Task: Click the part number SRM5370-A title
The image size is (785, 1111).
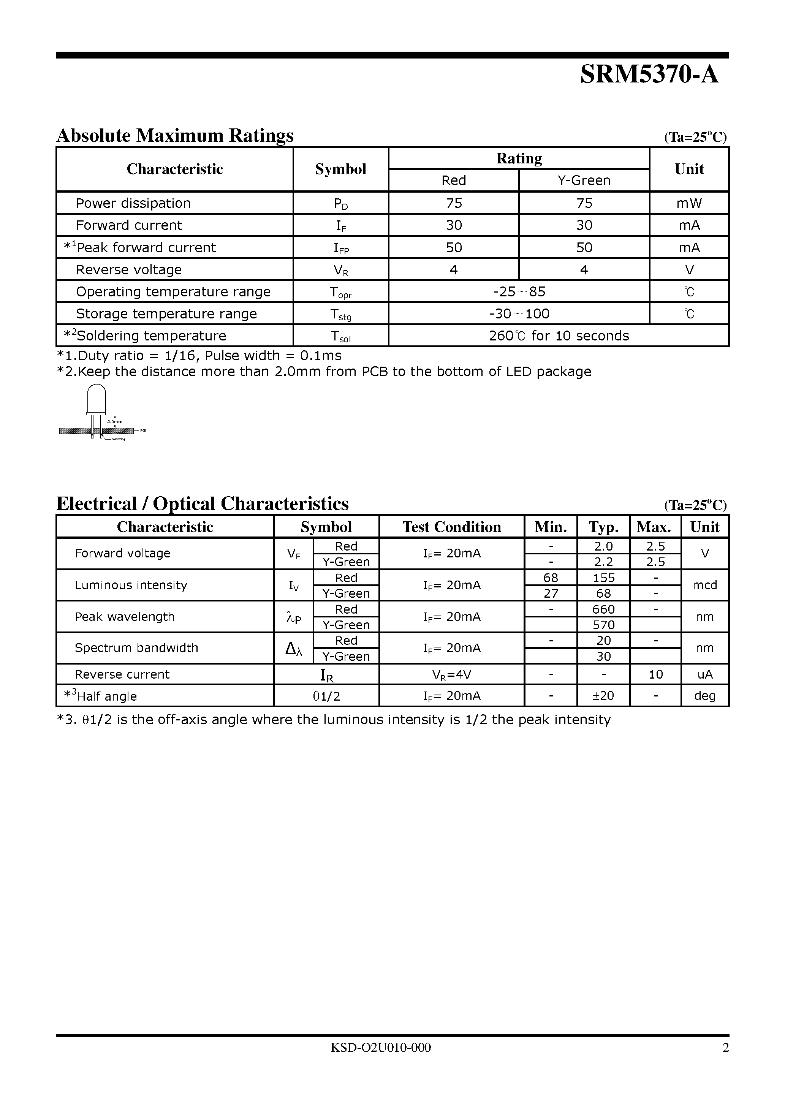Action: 649,75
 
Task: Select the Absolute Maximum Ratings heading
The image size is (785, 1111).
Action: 175,136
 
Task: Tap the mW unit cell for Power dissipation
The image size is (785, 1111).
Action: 689,203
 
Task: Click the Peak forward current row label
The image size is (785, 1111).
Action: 145,248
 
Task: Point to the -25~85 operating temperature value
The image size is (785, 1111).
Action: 519,292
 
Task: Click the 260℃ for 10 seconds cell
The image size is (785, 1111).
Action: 559,336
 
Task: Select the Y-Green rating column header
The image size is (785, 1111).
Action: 584,180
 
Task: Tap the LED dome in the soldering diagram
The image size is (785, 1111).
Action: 96,398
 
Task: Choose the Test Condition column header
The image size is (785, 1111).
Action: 451,527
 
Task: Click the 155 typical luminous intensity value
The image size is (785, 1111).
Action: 603,578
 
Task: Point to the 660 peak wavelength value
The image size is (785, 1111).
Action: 603,609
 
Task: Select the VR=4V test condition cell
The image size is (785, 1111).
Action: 451,674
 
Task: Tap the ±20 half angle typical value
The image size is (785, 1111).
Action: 603,696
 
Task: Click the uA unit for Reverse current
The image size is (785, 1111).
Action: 705,674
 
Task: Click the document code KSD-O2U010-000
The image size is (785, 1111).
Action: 380,1048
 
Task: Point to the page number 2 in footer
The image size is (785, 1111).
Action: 725,1048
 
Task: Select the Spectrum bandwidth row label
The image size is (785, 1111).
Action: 136,648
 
